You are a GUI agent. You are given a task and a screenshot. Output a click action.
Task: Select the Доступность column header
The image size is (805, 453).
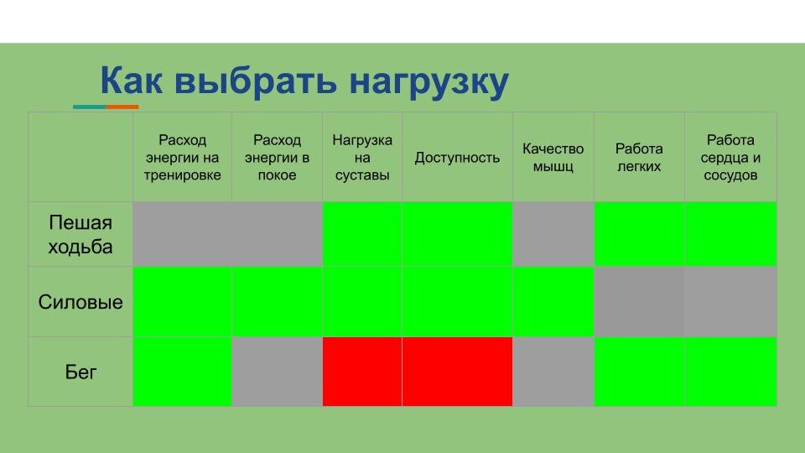coord(457,158)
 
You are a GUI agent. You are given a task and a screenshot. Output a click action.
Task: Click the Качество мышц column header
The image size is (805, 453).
coord(553,158)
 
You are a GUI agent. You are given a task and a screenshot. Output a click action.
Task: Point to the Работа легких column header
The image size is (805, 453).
coord(639,158)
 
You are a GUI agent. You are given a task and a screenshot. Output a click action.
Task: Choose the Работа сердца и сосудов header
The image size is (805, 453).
coord(730,158)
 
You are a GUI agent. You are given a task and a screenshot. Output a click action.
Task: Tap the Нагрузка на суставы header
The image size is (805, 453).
coord(362,158)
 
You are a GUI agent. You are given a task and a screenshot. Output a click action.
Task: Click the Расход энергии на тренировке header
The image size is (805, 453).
coord(182,158)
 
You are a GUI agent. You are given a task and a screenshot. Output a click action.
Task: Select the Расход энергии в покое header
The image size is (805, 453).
coord(277,158)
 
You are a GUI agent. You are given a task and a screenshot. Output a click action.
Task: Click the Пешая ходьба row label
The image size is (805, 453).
coord(80,235)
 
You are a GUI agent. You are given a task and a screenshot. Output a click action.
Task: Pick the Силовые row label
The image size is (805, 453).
coord(80,302)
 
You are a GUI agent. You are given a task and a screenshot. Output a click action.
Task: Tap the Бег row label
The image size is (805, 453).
coord(80,372)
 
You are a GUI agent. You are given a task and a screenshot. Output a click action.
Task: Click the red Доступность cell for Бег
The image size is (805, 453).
coord(457,372)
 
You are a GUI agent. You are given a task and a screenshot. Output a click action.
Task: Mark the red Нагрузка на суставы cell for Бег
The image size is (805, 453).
coord(362,372)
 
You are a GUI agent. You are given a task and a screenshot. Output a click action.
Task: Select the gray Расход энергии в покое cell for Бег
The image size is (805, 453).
coord(277,372)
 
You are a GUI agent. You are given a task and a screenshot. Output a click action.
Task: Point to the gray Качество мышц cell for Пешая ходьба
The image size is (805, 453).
coord(553,234)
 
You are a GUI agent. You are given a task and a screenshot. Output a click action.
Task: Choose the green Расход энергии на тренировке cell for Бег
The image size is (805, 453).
coord(182,372)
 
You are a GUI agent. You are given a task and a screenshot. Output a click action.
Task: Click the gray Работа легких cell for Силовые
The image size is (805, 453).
coord(639,302)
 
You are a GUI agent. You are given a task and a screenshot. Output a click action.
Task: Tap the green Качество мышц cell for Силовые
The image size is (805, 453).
coord(553,302)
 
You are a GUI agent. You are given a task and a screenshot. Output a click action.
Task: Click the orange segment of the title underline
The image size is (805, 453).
coord(122,107)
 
